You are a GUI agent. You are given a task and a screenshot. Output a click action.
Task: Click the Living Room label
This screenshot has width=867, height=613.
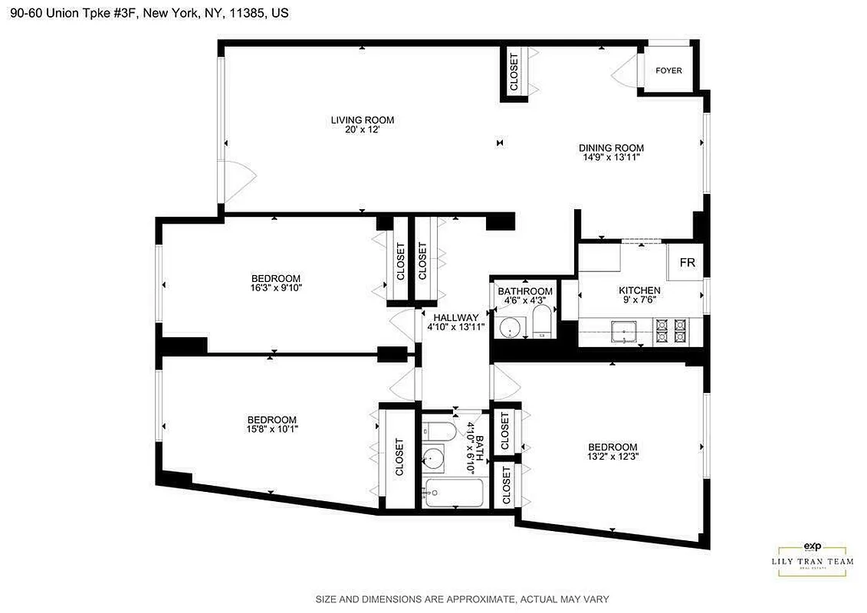pos(362,120)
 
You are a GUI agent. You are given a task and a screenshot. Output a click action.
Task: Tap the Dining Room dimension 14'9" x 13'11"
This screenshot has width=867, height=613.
pos(610,157)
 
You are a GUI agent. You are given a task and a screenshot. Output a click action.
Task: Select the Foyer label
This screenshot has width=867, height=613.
pos(668,70)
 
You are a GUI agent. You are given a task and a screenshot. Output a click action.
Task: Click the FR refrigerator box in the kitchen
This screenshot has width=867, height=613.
pos(687,263)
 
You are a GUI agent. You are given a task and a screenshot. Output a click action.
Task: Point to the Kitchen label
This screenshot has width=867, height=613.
pos(639,290)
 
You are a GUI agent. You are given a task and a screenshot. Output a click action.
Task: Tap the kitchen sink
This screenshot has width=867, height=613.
pos(625,332)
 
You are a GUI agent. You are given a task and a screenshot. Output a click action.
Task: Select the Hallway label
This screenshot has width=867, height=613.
pos(455,317)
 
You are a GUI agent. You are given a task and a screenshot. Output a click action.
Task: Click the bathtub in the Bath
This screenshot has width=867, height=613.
pos(454,492)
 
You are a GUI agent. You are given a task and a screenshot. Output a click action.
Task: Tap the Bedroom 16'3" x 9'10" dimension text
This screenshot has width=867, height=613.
pos(275,289)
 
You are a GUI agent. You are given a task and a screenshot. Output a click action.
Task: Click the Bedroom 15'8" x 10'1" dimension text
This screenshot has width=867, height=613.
pos(271,430)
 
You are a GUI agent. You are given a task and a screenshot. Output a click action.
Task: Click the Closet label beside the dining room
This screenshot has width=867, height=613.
pos(514,70)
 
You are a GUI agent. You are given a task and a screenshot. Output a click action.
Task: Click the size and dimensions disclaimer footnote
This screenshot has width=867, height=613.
pos(462,599)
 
